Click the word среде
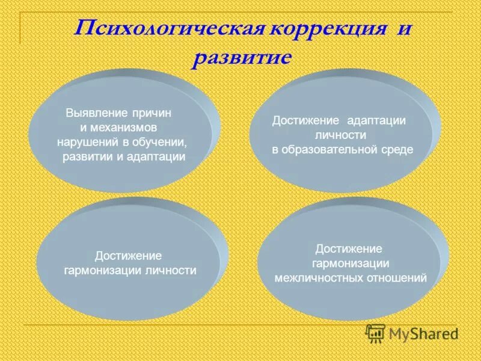[397, 150]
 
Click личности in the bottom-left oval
[171, 271]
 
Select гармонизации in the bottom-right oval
[351, 264]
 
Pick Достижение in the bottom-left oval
[129, 256]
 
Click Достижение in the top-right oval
[306, 120]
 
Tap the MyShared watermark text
[423, 333]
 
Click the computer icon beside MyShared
[376, 333]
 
